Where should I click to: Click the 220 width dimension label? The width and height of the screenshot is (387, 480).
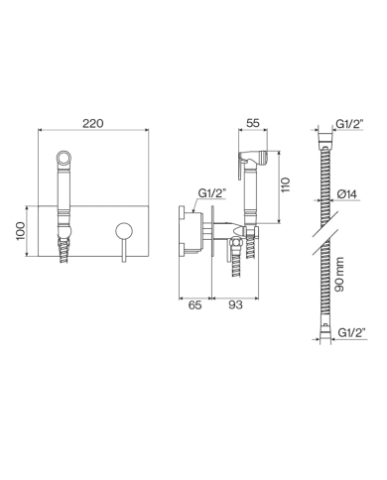pos(93,123)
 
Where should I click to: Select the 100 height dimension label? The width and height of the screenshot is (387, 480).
pos(21,231)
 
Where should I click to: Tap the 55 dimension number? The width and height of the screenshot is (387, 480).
pos(253,123)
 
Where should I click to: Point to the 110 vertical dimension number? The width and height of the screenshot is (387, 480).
pos(286,185)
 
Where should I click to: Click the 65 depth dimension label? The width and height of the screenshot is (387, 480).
pos(194,305)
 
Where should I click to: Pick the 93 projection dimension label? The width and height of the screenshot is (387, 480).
pos(235,305)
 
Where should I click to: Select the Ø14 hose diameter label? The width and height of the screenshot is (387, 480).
pos(347,194)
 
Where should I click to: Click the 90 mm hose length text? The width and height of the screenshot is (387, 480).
pos(339,275)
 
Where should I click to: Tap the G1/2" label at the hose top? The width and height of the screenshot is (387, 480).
pos(350,123)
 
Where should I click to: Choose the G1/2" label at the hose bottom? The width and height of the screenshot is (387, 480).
pos(352,332)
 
